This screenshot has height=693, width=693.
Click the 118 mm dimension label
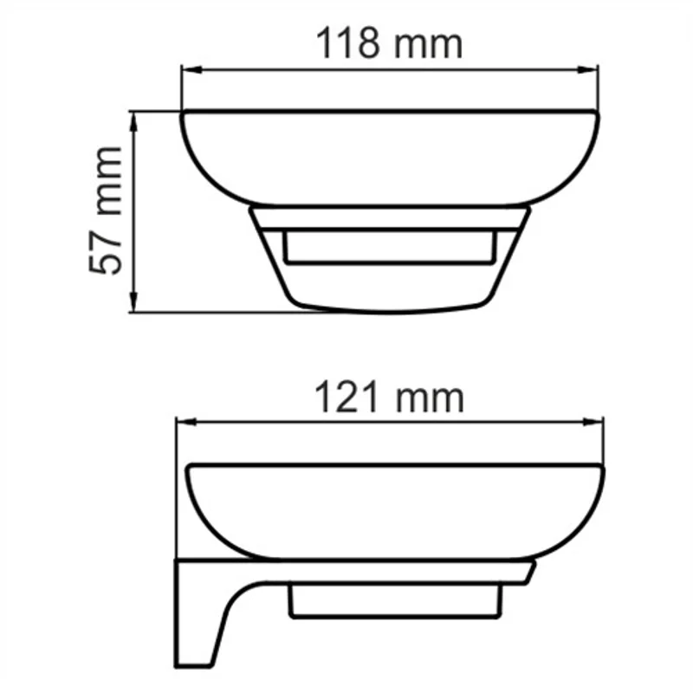[389, 42]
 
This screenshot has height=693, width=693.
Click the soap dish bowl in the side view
[396, 511]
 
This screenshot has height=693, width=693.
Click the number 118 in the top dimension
[349, 42]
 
